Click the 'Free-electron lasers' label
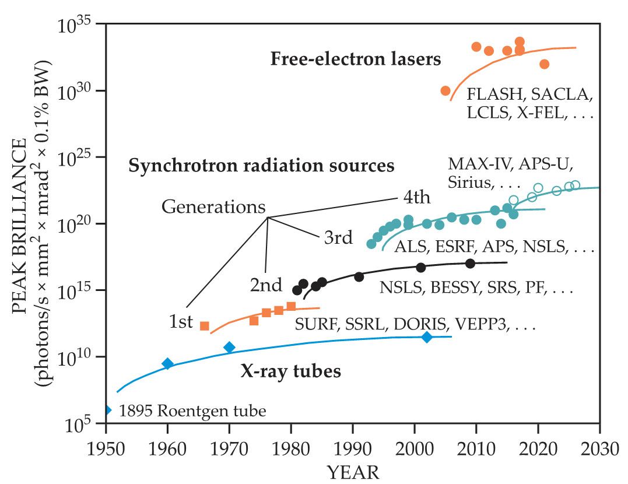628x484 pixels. [x=356, y=59]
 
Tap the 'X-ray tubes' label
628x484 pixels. [x=290, y=371]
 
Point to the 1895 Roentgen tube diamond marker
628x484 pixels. [x=108, y=410]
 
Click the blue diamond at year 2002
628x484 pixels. [x=427, y=337]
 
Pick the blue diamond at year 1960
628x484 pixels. [x=167, y=364]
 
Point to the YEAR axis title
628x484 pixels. [x=354, y=471]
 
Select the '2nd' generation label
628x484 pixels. [x=266, y=286]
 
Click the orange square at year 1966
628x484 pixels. [x=204, y=326]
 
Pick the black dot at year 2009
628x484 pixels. [x=470, y=264]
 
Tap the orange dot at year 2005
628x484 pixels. [x=445, y=91]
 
